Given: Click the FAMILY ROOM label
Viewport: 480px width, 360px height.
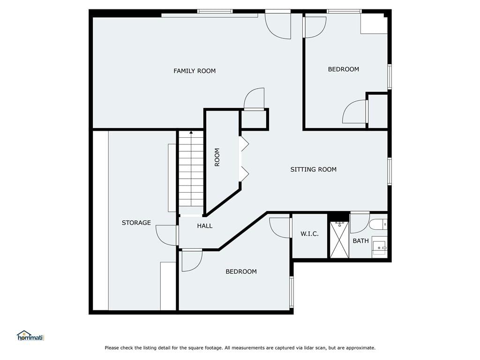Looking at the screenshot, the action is click(195, 71).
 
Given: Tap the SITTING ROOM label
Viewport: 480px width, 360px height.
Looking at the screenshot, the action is click(313, 170).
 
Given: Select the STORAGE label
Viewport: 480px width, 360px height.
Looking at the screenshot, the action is click(136, 223).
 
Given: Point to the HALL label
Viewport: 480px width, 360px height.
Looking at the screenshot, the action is click(204, 226).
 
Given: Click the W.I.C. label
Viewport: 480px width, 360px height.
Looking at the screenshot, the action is click(309, 234).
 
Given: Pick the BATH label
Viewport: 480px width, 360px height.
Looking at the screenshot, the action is click(360, 241).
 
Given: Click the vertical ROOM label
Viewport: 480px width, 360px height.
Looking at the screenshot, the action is click(217, 157).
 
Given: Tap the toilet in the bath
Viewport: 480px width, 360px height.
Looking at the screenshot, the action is click(378, 225).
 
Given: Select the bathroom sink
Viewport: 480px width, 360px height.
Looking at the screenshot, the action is click(380, 247).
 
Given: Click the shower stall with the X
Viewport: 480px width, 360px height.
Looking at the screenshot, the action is click(339, 240).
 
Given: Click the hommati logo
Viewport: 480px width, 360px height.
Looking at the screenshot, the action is click(30, 336).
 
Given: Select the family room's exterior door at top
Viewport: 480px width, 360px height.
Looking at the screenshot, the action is click(278, 25).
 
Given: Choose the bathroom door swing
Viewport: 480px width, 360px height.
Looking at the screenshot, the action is click(360, 223).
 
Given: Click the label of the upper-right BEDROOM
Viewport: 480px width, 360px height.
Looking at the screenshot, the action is click(344, 69).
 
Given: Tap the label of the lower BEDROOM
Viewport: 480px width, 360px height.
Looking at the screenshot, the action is click(241, 271).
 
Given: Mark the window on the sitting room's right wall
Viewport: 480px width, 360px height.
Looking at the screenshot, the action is click(390, 171).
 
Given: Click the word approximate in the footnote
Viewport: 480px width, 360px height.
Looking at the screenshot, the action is click(360, 348).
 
